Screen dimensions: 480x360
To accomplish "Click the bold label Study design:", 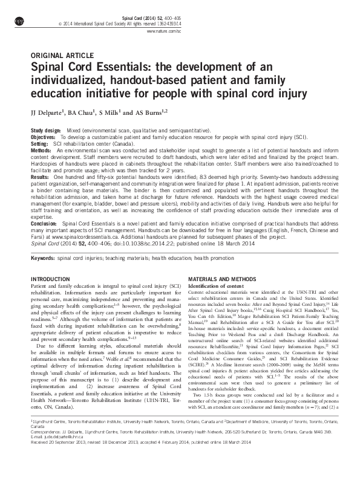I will coord(46,131).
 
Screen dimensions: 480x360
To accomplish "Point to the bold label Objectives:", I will coord(44,137).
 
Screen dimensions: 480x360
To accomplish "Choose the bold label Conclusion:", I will coord(44,224).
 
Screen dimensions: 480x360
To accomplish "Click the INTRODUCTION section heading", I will coord(50,279).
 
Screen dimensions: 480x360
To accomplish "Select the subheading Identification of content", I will coord(216,285).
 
